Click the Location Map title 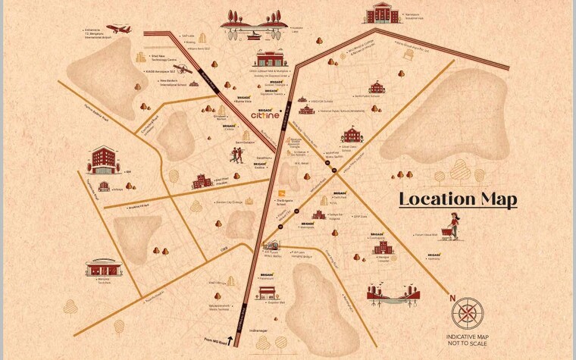click(458, 199)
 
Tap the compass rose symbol click(468, 313)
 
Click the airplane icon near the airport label click(119, 30)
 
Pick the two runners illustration click(237, 156)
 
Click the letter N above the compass click(453, 298)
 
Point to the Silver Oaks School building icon click(352, 136)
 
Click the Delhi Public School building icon click(377, 87)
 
